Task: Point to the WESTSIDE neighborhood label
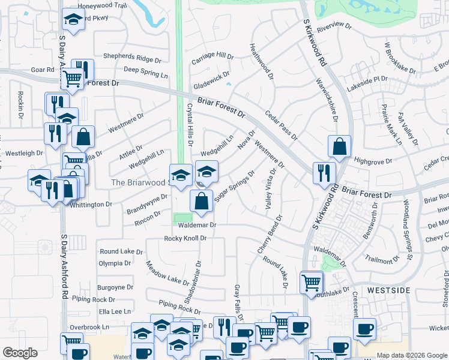(388, 290)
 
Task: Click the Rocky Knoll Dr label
(185, 238)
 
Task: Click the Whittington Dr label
(91, 205)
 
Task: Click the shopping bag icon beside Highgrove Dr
(339, 146)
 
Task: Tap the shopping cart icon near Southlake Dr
(312, 282)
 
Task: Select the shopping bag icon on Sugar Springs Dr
(201, 202)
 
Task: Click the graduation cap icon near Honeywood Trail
(73, 19)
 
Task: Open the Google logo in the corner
(20, 353)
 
